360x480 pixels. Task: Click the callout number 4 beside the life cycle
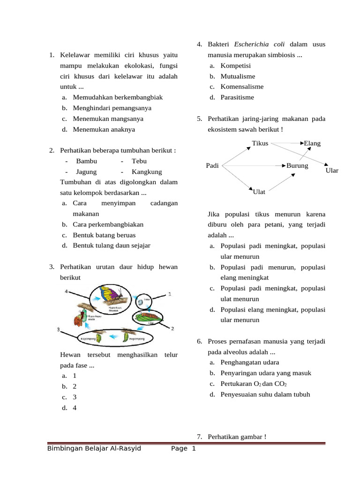coord(67,292)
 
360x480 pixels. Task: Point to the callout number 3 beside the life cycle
coord(59,330)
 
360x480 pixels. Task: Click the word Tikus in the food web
coord(260,143)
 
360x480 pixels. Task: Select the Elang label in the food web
coord(312,143)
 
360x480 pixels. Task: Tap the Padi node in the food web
coord(212,165)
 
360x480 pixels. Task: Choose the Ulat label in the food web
coord(259,191)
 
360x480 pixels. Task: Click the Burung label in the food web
coord(297,165)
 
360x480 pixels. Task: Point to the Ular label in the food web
coord(332,171)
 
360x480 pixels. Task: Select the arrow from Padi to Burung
coord(253,165)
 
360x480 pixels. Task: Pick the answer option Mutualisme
coord(238,76)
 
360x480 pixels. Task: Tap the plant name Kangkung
coord(147,172)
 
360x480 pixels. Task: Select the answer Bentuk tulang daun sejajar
coord(112,245)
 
